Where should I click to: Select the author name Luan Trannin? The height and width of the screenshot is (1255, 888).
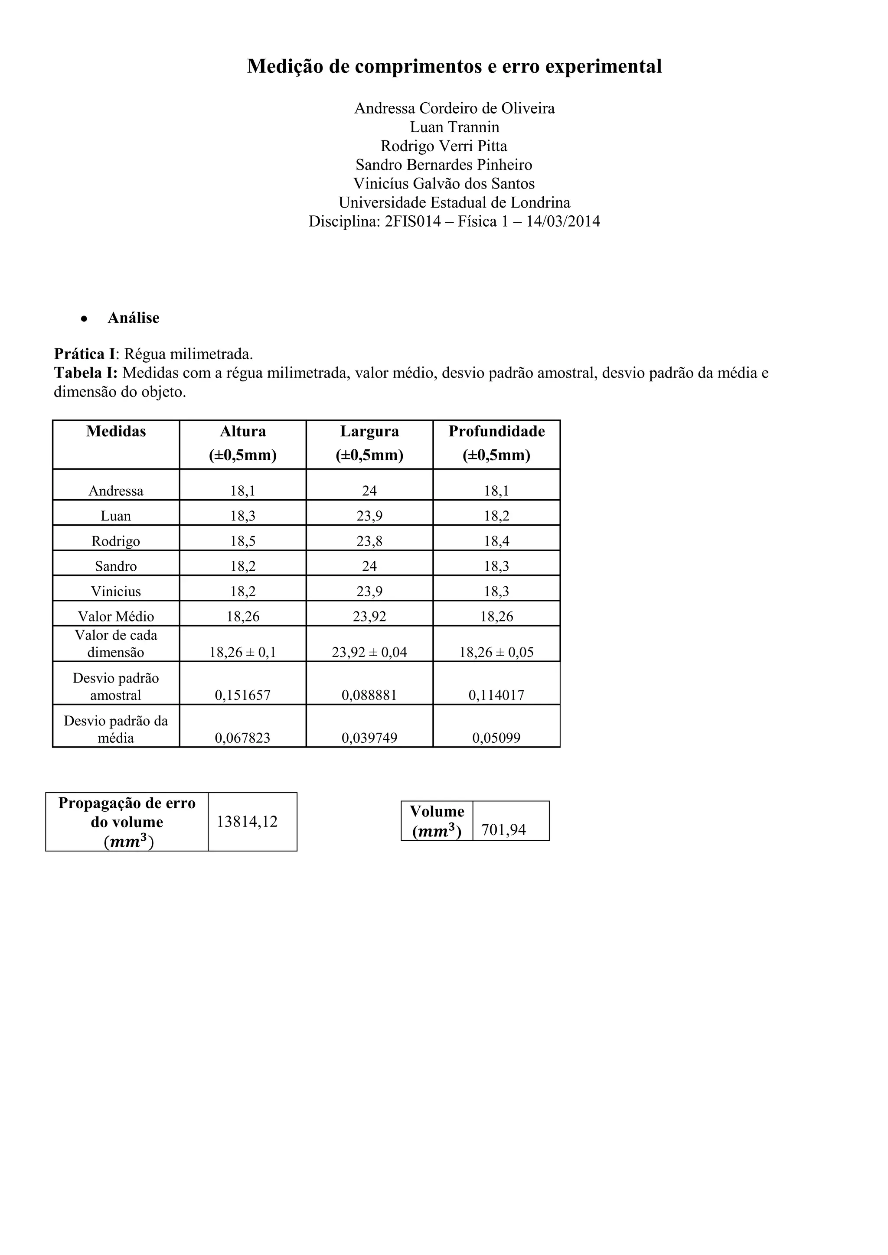[x=454, y=127]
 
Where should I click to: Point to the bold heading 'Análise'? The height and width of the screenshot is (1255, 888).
[x=134, y=318]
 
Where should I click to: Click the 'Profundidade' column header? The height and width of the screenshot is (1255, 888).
[x=496, y=432]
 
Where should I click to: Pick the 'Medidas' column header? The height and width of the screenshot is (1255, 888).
[x=116, y=432]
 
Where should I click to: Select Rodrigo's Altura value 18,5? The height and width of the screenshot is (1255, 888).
[x=243, y=541]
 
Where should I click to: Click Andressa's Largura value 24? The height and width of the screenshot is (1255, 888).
[x=369, y=491]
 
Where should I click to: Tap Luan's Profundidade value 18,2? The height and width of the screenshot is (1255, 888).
[x=496, y=516]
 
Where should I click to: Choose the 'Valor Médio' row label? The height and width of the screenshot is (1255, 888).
[x=116, y=617]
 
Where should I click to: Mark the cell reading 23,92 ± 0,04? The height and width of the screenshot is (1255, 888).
[x=369, y=652]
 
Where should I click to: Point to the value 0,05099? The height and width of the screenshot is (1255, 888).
[x=496, y=738]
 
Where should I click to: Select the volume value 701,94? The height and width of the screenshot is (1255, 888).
[x=503, y=830]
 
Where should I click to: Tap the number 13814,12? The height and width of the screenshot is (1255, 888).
[x=247, y=822]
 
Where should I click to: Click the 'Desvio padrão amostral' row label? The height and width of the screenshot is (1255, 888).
[x=116, y=686]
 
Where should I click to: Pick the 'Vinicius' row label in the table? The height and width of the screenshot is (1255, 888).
[x=116, y=592]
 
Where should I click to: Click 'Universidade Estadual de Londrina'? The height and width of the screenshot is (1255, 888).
[x=454, y=203]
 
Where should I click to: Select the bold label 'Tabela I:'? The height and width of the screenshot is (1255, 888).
[x=86, y=373]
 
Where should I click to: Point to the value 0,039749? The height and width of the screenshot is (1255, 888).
[x=369, y=738]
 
